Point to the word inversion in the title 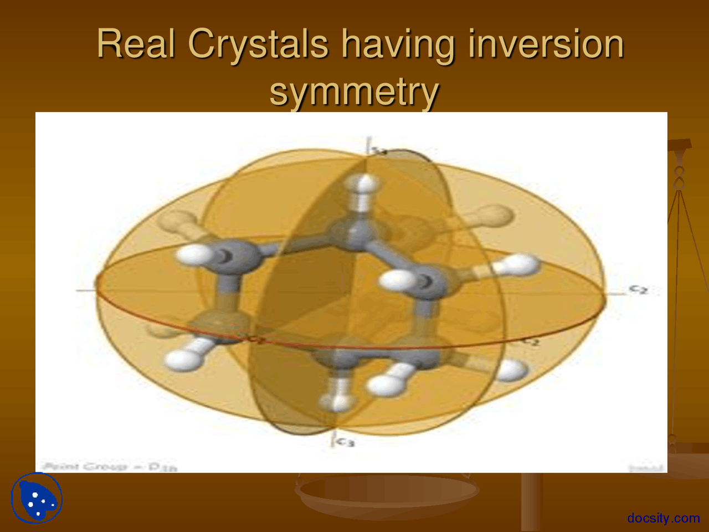pos(546,44)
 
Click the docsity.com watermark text pos(663,518)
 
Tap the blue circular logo pos(37,498)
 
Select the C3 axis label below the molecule pos(346,442)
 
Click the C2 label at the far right pos(638,289)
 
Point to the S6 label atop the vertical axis pos(378,150)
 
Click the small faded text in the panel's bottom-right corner pos(646,468)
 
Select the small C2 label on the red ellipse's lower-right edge pos(530,342)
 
